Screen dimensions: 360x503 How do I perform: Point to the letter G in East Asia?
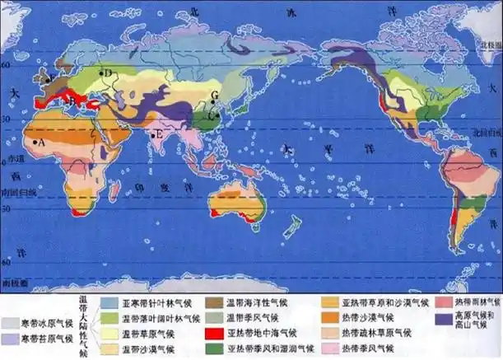tap(214, 96)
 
